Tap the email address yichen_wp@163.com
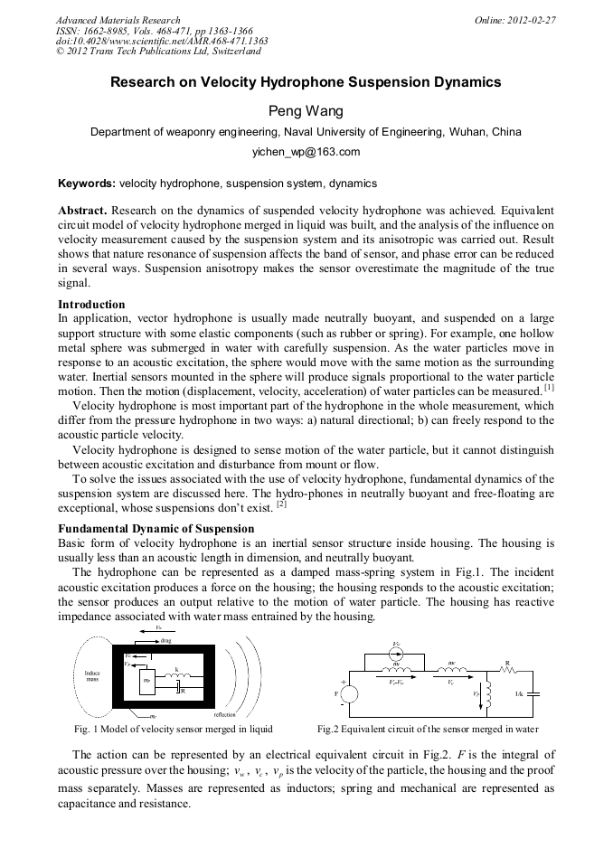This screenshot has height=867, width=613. tap(306, 152)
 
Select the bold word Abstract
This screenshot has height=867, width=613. tap(82, 210)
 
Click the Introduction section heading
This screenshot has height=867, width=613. tap(91, 304)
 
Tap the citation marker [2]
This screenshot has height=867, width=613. tap(281, 504)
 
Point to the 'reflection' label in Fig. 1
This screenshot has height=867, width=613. tap(225, 713)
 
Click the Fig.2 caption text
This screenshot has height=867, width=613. tap(428, 729)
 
